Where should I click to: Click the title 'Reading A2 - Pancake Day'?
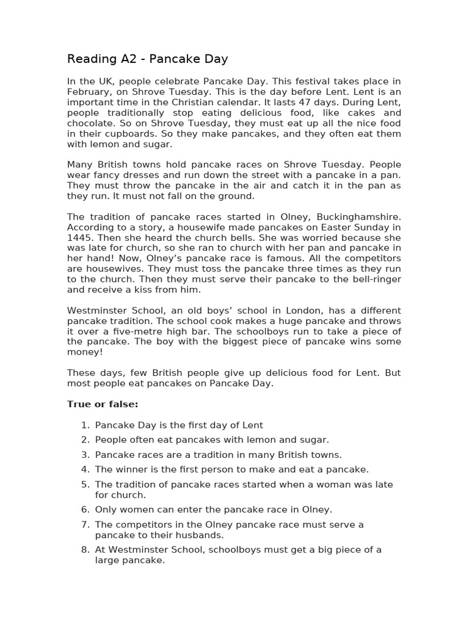click(x=147, y=59)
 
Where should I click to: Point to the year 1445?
click(x=79, y=238)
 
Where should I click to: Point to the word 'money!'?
click(x=84, y=352)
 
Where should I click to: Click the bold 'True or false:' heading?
click(x=103, y=404)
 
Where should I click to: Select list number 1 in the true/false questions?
click(x=85, y=425)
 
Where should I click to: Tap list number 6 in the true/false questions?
click(x=85, y=509)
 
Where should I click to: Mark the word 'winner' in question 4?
click(x=129, y=469)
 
